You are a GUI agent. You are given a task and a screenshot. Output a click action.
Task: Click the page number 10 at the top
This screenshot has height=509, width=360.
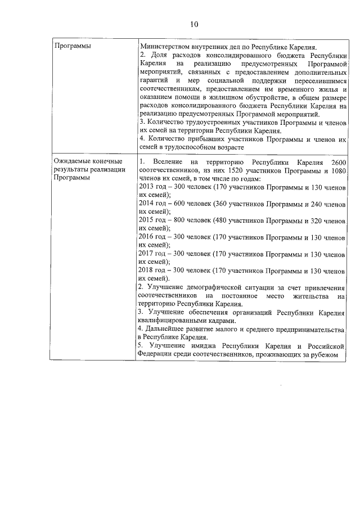point(194,24)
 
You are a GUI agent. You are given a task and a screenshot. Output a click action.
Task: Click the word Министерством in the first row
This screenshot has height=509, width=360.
point(163,47)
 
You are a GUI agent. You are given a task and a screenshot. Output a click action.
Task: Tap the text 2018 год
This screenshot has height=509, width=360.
point(151,271)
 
